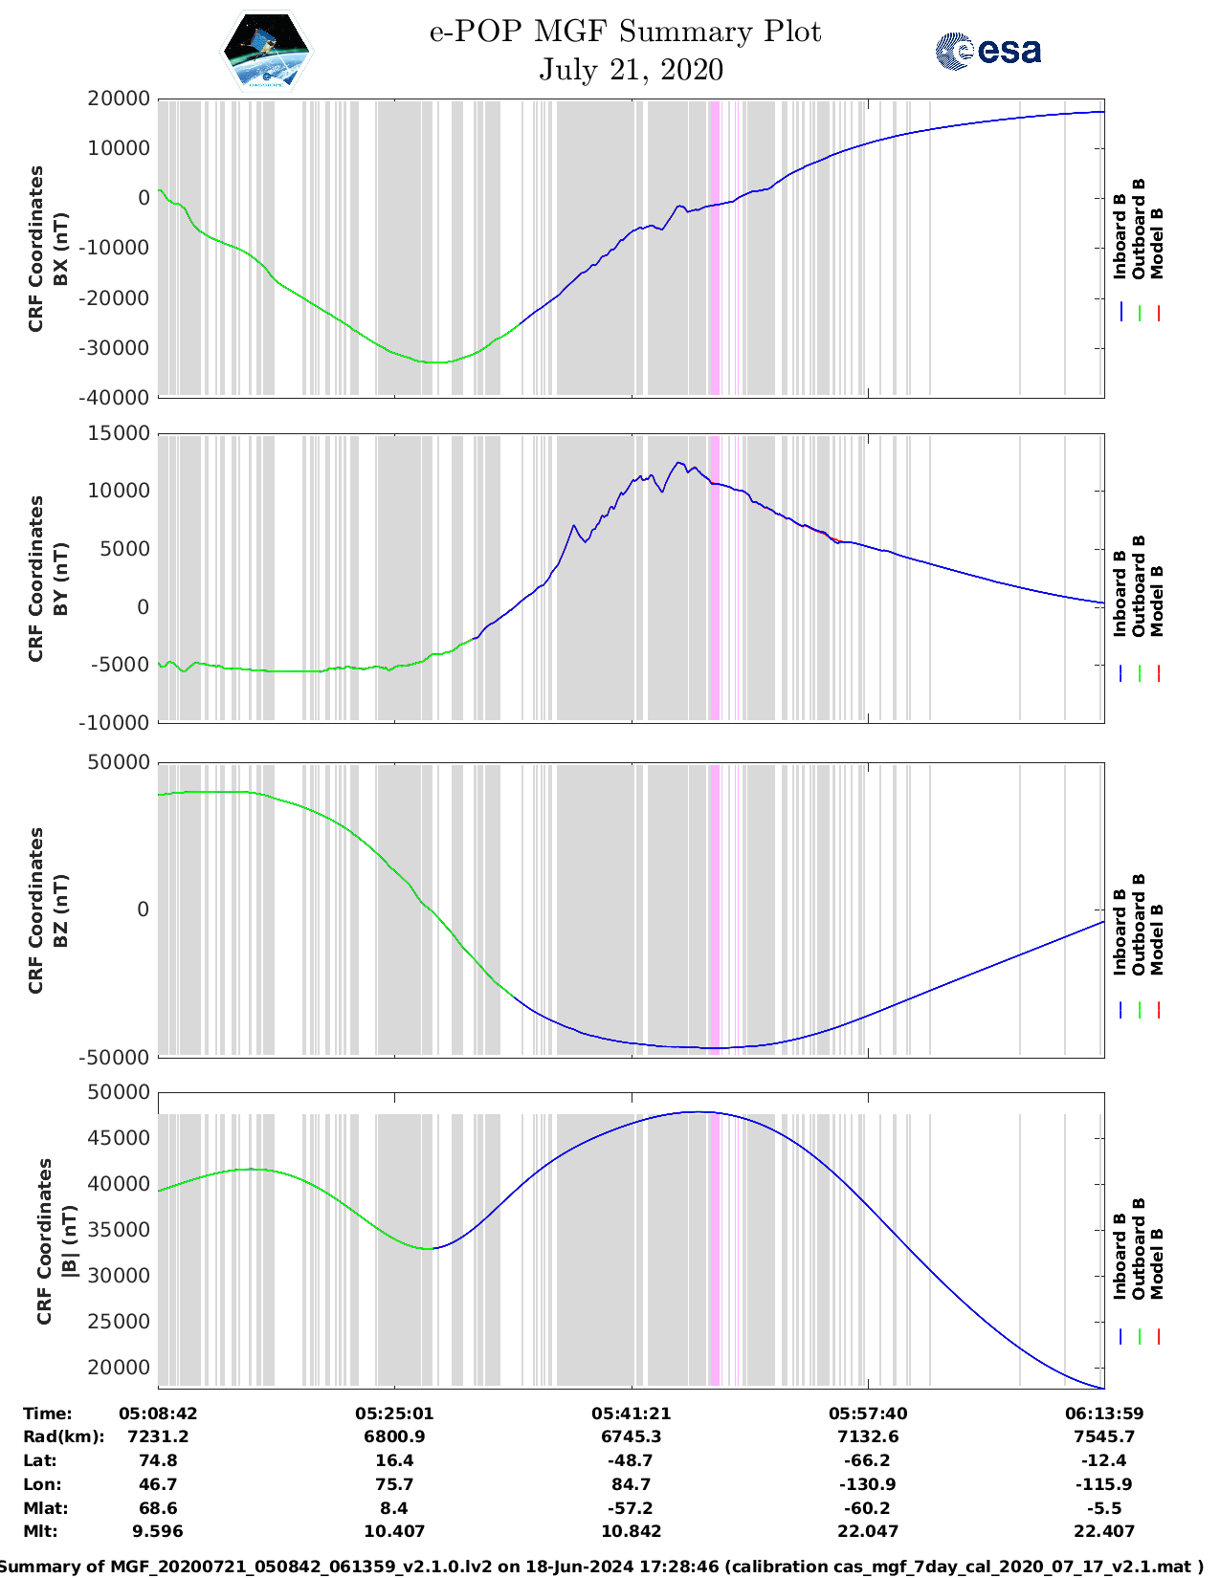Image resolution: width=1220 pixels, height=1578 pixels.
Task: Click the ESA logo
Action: pos(987,51)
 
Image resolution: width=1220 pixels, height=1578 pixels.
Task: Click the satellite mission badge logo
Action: pos(266,50)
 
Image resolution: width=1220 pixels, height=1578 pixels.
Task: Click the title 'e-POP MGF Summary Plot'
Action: pos(625,32)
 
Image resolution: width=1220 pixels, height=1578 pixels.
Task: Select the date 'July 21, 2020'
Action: pos(631,70)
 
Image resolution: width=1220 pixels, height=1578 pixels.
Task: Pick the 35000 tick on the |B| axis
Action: pos(119,1230)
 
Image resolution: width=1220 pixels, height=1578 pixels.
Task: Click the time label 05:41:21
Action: pos(631,1414)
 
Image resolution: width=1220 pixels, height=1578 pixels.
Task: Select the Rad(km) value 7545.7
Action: pos(1104,1436)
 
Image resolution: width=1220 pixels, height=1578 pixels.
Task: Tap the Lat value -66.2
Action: pos(867,1460)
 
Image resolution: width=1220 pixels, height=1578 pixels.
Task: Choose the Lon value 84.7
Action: pos(631,1484)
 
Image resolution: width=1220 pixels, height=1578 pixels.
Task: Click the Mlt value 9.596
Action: pos(158,1531)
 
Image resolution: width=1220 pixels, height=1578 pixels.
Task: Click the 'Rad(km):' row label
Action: pos(63,1436)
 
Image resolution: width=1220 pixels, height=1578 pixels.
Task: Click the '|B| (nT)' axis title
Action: pos(69,1241)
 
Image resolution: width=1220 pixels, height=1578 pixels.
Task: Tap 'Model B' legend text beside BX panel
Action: pos(1157,243)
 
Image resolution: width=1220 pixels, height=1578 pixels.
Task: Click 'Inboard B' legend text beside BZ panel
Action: pos(1120,932)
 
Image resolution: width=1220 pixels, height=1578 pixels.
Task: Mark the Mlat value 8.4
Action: pos(394,1508)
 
